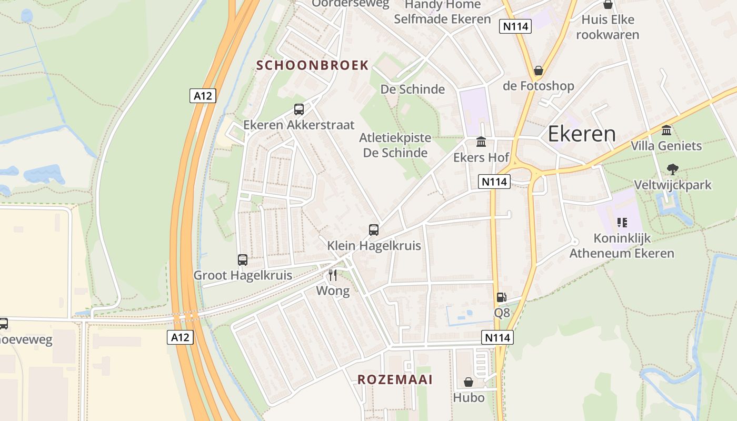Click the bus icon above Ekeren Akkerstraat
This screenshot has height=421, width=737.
[x=298, y=109]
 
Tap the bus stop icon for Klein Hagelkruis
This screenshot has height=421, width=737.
[x=374, y=230]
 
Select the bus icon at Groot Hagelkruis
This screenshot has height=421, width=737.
[x=243, y=260]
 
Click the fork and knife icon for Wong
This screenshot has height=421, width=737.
[x=333, y=275]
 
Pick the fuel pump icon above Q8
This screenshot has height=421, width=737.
[x=502, y=297]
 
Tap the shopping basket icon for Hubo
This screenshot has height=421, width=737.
[x=469, y=382]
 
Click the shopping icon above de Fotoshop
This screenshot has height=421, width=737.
[x=538, y=71]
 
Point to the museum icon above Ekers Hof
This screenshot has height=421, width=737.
[x=481, y=142]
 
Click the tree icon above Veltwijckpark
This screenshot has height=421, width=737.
[x=672, y=169]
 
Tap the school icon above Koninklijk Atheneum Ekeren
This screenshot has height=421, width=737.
[x=622, y=223]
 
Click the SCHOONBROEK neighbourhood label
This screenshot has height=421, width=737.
[x=312, y=65]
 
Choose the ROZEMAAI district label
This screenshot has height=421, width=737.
[x=395, y=379]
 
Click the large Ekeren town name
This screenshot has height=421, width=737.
[x=582, y=134]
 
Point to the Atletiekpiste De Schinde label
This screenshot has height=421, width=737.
[x=395, y=145]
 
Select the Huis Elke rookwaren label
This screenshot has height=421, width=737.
[x=607, y=27]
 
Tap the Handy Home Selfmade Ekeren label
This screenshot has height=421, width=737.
[x=442, y=12]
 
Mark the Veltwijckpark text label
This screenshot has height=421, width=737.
[x=673, y=185]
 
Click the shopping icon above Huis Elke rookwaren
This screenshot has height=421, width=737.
[x=608, y=5]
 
